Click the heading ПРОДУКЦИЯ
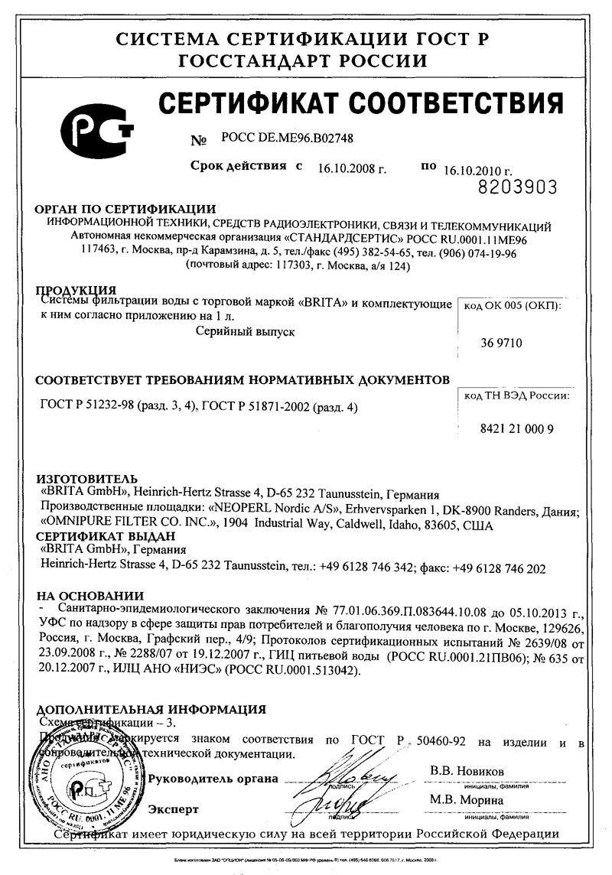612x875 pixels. [76, 291]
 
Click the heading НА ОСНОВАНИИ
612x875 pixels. [90, 596]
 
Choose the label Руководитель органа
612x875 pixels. [213, 779]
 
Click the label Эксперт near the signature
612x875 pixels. [174, 808]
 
